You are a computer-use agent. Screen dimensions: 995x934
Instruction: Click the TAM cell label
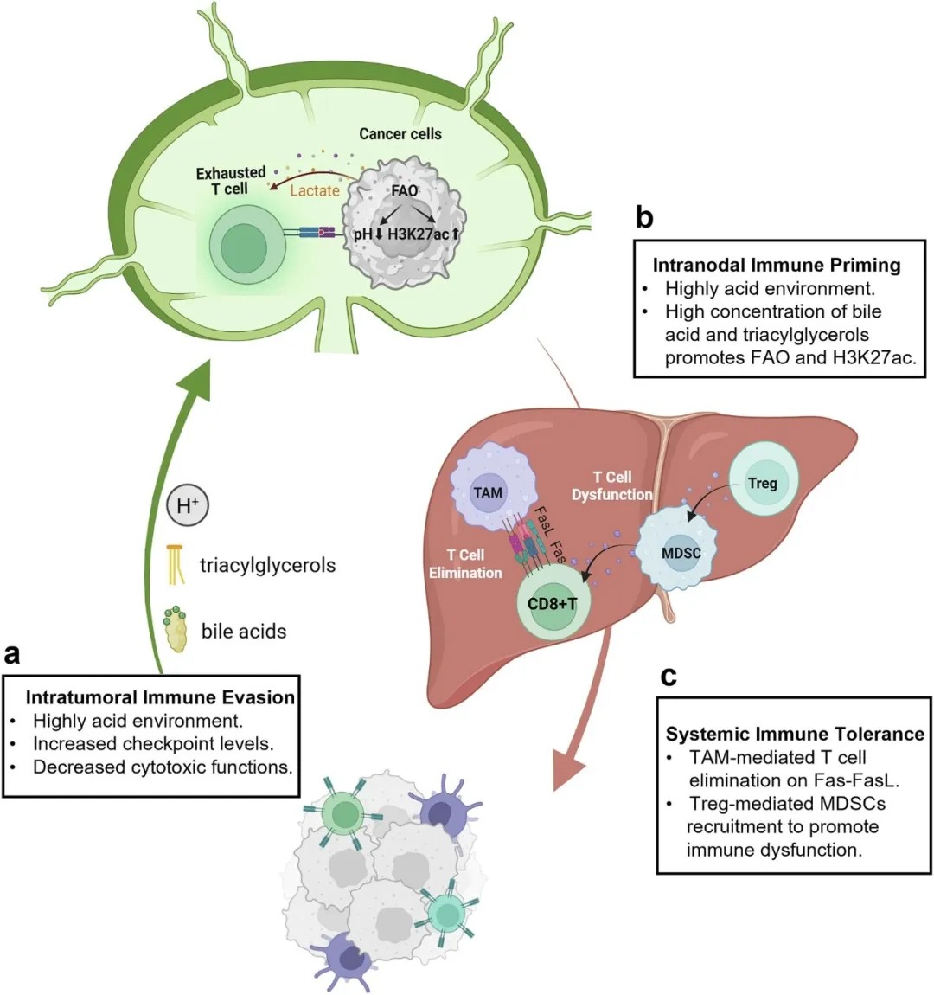tap(488, 492)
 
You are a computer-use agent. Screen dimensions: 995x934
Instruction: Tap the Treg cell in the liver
tap(762, 484)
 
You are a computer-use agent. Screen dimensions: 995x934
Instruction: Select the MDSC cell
tap(681, 553)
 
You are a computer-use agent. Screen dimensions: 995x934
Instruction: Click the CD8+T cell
tap(552, 603)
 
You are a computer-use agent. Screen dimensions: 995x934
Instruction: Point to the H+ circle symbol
tap(188, 505)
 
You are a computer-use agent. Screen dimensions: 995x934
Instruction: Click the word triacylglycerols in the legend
tap(267, 566)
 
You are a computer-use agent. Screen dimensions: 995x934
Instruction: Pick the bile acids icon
tap(176, 630)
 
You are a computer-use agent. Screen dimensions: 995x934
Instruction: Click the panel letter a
tap(12, 653)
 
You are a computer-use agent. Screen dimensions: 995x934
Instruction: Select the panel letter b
tap(644, 217)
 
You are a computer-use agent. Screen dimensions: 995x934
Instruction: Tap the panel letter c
tap(668, 675)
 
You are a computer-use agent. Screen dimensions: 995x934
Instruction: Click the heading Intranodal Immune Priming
tap(777, 265)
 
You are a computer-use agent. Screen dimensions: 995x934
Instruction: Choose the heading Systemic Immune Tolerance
tap(795, 734)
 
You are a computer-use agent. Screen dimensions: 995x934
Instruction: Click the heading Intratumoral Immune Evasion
tap(160, 697)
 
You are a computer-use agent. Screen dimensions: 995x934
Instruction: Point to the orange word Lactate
tap(314, 190)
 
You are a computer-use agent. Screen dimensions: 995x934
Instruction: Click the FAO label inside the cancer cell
tap(404, 190)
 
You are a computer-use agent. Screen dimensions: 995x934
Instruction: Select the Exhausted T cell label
tap(230, 181)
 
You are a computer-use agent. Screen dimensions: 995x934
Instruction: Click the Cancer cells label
tap(400, 134)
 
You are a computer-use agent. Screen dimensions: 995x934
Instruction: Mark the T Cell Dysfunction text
tap(612, 485)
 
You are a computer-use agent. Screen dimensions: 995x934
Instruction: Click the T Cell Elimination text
tap(465, 563)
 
